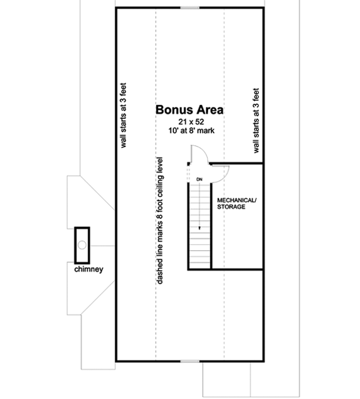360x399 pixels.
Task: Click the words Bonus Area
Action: pyautogui.click(x=189, y=110)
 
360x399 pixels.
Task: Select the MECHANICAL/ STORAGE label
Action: pyautogui.click(x=236, y=203)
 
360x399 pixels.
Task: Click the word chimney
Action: pyautogui.click(x=89, y=269)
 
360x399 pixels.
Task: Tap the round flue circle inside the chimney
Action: pyautogui.click(x=81, y=244)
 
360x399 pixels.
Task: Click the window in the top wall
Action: pyautogui.click(x=190, y=8)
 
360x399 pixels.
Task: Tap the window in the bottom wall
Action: pyautogui.click(x=190, y=361)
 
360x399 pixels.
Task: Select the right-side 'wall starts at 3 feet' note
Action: pyautogui.click(x=256, y=122)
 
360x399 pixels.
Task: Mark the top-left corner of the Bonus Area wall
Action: pyautogui.click(x=116, y=8)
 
